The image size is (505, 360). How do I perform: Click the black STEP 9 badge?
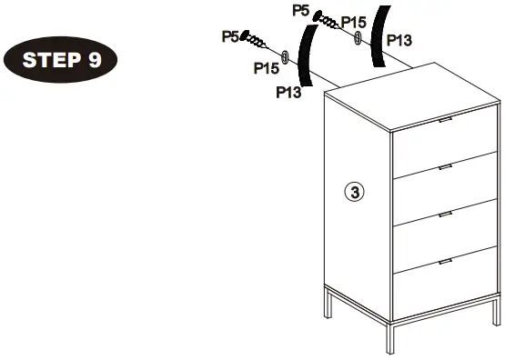coord(62,60)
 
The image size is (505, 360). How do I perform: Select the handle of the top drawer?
coord(446,121)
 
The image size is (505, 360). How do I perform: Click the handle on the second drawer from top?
coord(446,167)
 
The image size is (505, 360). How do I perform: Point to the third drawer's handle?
coord(446,215)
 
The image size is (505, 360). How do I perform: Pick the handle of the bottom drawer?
coord(446,262)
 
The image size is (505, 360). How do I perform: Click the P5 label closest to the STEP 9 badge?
coord(230,36)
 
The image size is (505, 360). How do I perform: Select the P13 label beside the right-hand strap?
coord(398,40)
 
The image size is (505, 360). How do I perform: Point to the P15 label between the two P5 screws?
coord(266,68)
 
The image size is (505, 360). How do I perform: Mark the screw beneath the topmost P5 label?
coord(328,22)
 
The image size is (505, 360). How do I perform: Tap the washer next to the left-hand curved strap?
coord(286,57)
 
